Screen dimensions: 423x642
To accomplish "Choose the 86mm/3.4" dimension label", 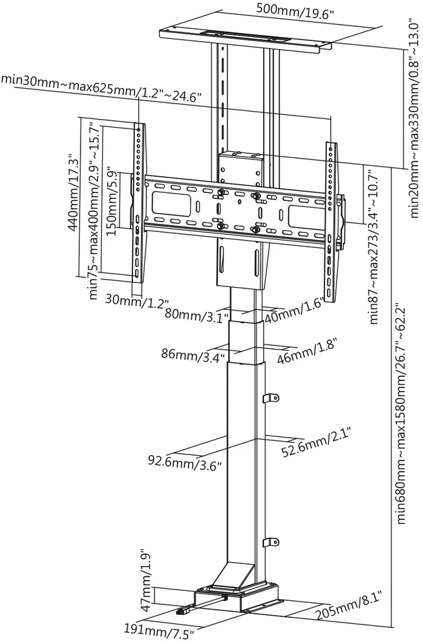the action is [x=193, y=354].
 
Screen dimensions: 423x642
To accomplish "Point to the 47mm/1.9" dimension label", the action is [x=148, y=579].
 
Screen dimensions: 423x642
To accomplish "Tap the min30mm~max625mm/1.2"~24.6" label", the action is [x=101, y=89].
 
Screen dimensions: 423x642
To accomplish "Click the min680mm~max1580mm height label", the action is [x=402, y=413].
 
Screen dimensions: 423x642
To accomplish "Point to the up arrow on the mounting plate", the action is [x=238, y=202].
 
